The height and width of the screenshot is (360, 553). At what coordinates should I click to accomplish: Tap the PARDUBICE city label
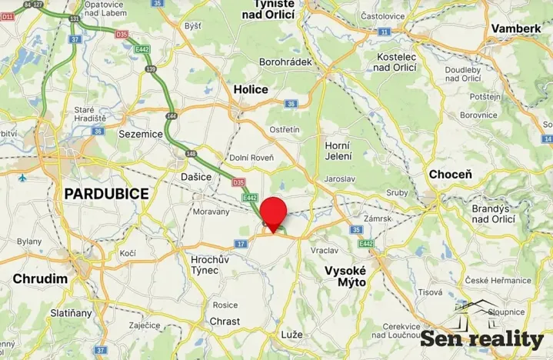point(106,194)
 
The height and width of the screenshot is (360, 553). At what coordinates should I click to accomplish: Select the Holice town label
point(251,89)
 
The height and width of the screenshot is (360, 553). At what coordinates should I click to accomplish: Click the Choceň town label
point(450,175)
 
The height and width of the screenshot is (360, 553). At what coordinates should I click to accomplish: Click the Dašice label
point(197,177)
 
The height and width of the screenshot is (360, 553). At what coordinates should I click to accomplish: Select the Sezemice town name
point(141,133)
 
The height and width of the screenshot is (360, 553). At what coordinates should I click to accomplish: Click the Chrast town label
point(225,322)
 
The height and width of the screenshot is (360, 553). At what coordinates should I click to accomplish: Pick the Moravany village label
point(211,211)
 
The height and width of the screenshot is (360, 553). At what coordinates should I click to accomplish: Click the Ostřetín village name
point(284,129)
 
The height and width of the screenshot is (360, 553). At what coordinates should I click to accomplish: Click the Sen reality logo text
point(481,338)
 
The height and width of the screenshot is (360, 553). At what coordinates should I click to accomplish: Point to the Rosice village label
point(225,304)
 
